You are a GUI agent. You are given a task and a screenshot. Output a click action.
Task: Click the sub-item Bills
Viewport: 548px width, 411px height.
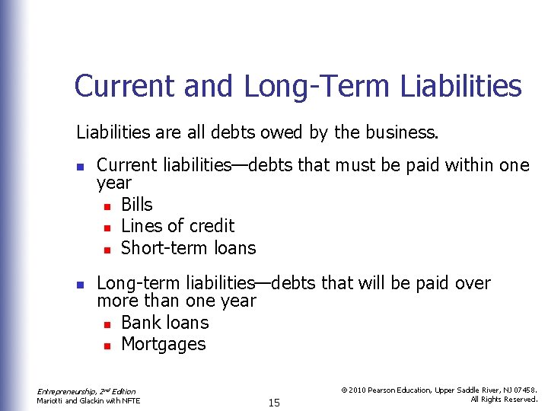click(137, 205)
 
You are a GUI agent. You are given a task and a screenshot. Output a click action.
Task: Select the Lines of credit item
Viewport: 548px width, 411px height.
click(177, 226)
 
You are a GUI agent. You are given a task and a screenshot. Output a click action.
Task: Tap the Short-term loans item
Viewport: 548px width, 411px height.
click(188, 247)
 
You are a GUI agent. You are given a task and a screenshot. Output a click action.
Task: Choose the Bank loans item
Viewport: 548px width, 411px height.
click(164, 323)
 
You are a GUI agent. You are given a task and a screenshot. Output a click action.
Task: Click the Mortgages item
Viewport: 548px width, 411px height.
click(163, 344)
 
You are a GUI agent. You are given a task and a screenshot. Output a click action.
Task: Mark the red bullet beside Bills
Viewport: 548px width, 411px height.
click(107, 205)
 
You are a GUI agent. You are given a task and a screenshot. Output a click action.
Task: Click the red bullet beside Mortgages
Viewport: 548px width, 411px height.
click(107, 345)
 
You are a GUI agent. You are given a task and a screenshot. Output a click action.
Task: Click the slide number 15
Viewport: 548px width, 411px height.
click(274, 403)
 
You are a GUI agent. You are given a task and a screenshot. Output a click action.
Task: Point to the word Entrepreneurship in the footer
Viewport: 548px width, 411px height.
click(62, 391)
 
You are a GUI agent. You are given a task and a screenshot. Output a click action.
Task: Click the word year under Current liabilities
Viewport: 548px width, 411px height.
click(114, 183)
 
